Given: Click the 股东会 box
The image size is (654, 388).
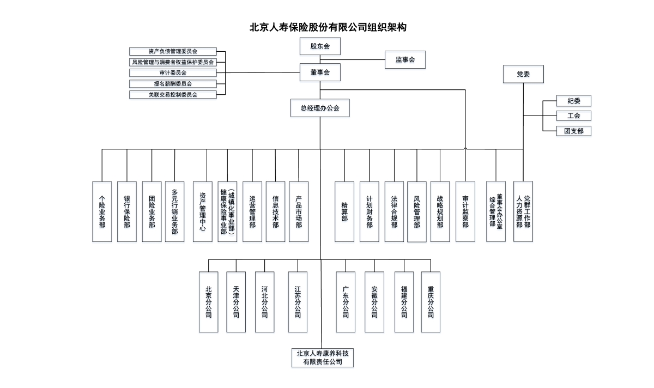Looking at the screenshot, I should coord(320,46).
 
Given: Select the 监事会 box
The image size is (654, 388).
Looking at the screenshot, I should coord(405,59).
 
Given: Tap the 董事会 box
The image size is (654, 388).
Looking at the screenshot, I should coord(320,72).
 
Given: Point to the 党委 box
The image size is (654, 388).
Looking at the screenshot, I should coord(523,74).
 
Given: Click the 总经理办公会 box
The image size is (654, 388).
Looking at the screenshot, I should coord(320,108).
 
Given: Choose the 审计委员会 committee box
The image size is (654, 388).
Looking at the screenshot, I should coord(173,72).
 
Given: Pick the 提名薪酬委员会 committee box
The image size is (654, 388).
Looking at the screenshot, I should coord(173,83).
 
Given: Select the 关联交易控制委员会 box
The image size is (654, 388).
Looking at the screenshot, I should coord(173,94).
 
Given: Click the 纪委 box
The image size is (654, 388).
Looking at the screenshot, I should coord(574,101).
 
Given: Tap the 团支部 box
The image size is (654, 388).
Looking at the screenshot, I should coord(574,131).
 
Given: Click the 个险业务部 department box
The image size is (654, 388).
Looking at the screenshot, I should coord(102,211).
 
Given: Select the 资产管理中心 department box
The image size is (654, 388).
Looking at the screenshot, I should coord(203,211).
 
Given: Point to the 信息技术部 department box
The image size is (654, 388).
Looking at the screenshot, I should coord(276,211).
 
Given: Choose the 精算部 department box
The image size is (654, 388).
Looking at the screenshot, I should coord(344,211).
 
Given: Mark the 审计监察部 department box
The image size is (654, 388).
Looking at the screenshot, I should coord(465,211).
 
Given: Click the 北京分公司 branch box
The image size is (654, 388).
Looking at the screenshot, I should coord(208,302).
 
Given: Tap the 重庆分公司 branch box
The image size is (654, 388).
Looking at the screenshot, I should coord(431,302).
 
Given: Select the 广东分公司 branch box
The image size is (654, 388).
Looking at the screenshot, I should coord(346,302).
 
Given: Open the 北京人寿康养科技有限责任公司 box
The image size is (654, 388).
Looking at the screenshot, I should coord(322,357).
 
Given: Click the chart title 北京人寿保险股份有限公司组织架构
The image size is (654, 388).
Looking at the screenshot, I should coord(328,27).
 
